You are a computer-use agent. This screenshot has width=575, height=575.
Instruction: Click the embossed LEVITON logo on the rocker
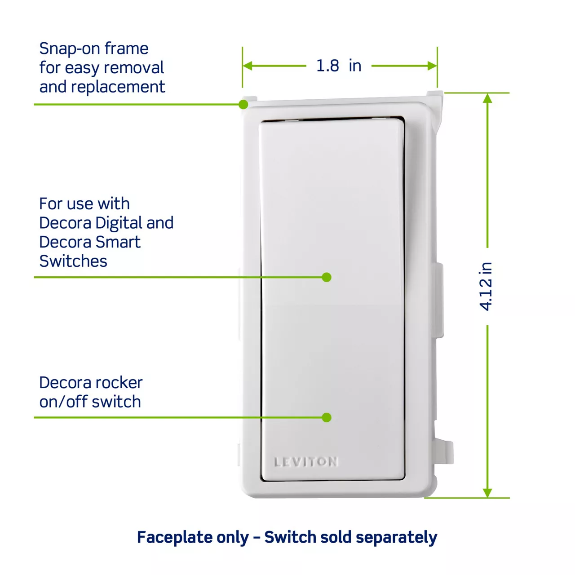(x=306, y=462)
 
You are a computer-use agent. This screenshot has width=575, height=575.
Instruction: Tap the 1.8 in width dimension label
(x=339, y=66)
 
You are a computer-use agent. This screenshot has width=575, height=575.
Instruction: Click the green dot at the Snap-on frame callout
(x=243, y=104)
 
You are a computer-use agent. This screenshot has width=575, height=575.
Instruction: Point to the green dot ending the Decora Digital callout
(x=327, y=277)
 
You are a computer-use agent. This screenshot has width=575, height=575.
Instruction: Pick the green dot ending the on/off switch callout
(x=327, y=417)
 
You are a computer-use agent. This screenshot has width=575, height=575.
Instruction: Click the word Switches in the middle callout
(x=73, y=261)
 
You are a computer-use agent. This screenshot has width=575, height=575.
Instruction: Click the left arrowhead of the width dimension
(x=248, y=66)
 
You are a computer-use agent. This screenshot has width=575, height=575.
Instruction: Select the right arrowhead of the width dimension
(x=432, y=66)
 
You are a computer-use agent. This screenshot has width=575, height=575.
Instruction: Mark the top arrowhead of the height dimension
(x=487, y=98)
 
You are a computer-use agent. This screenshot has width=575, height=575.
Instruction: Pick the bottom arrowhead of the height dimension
(x=487, y=493)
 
